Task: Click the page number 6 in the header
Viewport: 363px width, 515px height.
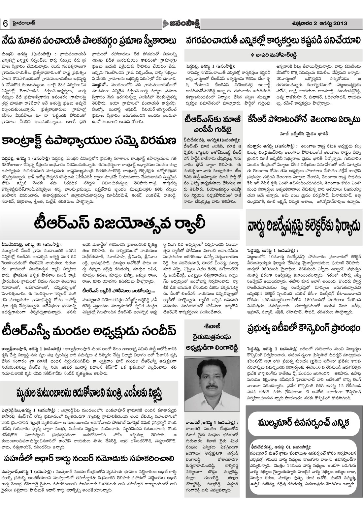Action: pyautogui.click(x=6, y=24)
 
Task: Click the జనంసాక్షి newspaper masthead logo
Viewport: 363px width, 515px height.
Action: pyautogui.click(x=182, y=23)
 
